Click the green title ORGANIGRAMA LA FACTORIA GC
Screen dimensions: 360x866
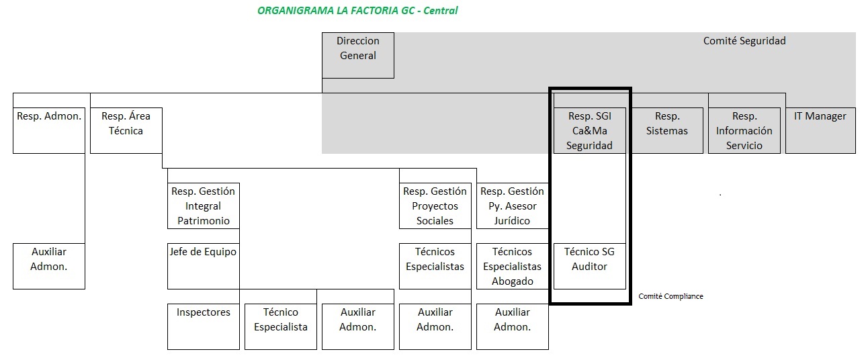pyautogui.click(x=357, y=11)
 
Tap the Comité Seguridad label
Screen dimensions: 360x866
pyautogui.click(x=744, y=41)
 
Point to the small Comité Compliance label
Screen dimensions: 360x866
pyautogui.click(x=670, y=296)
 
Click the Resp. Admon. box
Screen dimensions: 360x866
pyautogui.click(x=49, y=130)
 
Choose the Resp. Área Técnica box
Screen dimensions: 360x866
pyautogui.click(x=126, y=130)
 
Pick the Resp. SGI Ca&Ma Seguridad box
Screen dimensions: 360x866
pyautogui.click(x=589, y=130)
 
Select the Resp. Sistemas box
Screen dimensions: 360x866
pyautogui.click(x=667, y=130)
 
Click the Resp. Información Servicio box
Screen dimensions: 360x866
pyautogui.click(x=744, y=130)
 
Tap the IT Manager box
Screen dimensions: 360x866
pyautogui.click(x=820, y=130)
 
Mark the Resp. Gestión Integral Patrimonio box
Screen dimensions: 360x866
pyautogui.click(x=204, y=206)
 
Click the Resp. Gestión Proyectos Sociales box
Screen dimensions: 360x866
pyautogui.click(x=435, y=206)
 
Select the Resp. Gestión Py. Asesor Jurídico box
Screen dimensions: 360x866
pyautogui.click(x=512, y=206)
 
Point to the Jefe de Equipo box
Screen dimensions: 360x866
pyautogui.click(x=204, y=266)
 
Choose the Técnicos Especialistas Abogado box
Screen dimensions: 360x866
pyautogui.click(x=512, y=266)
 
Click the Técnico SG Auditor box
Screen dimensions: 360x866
pyautogui.click(x=589, y=266)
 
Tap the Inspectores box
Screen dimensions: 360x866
pyautogui.click(x=204, y=326)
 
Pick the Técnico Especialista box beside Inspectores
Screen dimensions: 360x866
pyautogui.click(x=281, y=326)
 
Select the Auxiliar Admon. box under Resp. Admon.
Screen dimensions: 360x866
pyautogui.click(x=49, y=266)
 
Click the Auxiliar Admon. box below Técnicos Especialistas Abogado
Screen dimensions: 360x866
pyautogui.click(x=512, y=326)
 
